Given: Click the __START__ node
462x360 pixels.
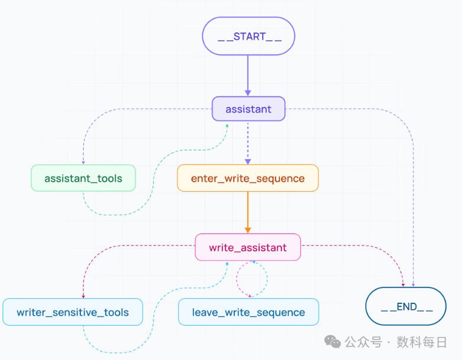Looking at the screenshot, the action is (x=248, y=36).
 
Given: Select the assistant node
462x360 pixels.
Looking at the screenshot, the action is (x=248, y=109).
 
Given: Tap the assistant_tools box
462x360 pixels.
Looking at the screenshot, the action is (x=83, y=178).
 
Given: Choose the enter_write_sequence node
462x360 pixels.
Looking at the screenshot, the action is (x=248, y=178).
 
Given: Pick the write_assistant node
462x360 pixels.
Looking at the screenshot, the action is (x=248, y=247).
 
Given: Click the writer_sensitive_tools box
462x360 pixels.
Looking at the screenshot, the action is (x=73, y=312).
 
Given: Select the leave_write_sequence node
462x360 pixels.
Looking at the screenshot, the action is (x=248, y=312).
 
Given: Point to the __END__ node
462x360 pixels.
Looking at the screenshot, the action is (x=406, y=306).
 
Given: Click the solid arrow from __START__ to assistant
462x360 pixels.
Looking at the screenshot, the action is (x=248, y=76).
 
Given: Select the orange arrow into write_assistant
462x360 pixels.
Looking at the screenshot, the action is (x=248, y=212).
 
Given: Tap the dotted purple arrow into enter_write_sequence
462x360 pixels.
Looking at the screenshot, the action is (x=248, y=143).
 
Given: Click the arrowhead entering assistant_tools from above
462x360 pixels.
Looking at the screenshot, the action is (x=83, y=162).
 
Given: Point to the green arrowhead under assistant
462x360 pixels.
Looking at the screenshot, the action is (x=227, y=126).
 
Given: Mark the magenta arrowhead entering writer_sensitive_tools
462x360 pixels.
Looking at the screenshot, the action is (x=83, y=296).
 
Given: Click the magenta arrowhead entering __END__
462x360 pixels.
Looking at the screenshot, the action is (x=403, y=285).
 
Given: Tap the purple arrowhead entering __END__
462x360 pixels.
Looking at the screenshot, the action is (x=413, y=285).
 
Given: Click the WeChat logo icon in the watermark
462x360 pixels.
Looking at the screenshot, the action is (x=333, y=342).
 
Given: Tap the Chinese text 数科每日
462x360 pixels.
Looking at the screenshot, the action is (x=422, y=342).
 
